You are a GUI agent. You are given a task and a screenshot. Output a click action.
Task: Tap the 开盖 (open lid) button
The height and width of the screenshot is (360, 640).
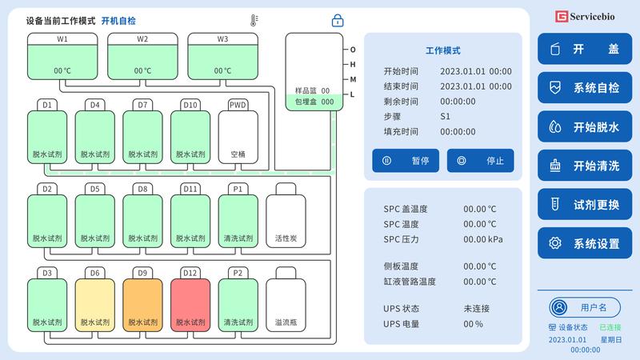pyautogui.click(x=585, y=49)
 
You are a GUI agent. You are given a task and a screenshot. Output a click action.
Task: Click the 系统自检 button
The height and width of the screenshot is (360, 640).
pyautogui.click(x=585, y=88)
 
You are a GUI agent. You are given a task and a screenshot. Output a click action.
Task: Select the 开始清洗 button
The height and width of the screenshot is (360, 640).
pyautogui.click(x=585, y=166)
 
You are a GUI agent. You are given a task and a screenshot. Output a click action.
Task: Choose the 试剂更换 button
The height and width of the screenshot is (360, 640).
pyautogui.click(x=585, y=205)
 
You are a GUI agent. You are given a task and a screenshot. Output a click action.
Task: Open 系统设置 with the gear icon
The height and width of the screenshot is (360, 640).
pyautogui.click(x=585, y=243)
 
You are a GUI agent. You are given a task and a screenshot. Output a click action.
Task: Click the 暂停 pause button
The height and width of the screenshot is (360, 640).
pyautogui.click(x=406, y=161)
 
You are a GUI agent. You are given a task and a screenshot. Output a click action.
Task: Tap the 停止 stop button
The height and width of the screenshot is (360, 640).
pyautogui.click(x=481, y=161)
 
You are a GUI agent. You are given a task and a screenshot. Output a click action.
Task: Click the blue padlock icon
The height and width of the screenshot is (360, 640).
pyautogui.click(x=338, y=21)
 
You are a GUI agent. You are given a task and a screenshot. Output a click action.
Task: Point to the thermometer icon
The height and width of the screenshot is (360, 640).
pyautogui.click(x=254, y=21)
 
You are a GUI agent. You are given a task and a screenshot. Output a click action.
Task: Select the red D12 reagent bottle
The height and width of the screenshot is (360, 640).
pyautogui.click(x=190, y=299)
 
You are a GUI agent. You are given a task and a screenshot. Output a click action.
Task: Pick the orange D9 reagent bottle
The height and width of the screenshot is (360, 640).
pyautogui.click(x=142, y=299)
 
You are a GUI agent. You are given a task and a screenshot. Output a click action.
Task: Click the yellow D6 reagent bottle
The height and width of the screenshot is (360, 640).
pyautogui.click(x=94, y=299)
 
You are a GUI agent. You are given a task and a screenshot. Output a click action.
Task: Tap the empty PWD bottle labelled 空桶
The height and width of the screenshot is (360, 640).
pyautogui.click(x=238, y=131)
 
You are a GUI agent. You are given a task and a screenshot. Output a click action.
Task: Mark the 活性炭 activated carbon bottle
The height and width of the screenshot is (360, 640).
pyautogui.click(x=286, y=215)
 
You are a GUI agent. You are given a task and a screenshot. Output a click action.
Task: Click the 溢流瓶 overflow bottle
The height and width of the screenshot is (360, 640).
pyautogui.click(x=286, y=299)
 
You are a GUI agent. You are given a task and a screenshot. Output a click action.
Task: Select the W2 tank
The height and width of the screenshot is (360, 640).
pyautogui.click(x=142, y=56)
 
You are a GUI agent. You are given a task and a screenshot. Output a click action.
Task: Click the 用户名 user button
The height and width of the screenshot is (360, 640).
pyautogui.click(x=585, y=307)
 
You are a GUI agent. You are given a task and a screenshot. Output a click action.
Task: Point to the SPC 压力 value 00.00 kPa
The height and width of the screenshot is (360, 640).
pyautogui.click(x=483, y=239)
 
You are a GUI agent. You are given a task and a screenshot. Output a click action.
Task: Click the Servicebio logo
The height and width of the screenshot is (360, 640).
pyautogui.click(x=585, y=17)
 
